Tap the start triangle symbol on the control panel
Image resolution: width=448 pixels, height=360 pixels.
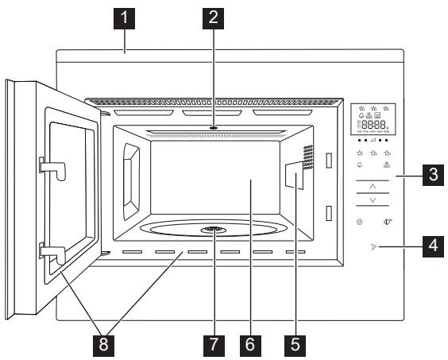click(373, 247)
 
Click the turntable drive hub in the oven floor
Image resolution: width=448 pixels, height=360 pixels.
click(210, 230)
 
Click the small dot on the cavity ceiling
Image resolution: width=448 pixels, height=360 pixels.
click(214, 127)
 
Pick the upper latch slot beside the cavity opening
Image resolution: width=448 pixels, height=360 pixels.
click(327, 161)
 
